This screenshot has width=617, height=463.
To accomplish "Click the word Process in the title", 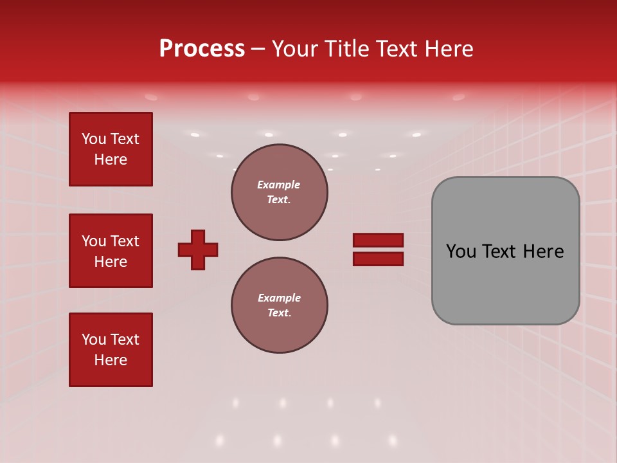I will click(202, 49).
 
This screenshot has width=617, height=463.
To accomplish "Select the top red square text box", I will click(111, 149).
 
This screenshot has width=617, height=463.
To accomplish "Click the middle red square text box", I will click(111, 251).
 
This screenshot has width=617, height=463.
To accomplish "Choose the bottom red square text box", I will click(111, 350).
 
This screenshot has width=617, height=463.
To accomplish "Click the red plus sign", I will click(198, 250).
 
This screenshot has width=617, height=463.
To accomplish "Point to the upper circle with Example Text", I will click(279, 192).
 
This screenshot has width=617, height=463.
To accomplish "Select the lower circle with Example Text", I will click(279, 305).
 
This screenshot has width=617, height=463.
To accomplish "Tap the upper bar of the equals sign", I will click(378, 240).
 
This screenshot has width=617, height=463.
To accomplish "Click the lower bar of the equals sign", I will click(378, 259).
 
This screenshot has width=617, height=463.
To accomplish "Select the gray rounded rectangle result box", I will click(505, 251).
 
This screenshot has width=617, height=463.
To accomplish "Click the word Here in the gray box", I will click(543, 251).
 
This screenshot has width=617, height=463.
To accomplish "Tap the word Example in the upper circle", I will click(279, 185).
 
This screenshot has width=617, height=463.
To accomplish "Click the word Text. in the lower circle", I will click(279, 313).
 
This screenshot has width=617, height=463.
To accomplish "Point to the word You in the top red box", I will click(94, 139).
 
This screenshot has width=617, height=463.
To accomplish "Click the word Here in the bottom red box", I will click(111, 360).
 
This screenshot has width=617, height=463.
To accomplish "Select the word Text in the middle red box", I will click(125, 241).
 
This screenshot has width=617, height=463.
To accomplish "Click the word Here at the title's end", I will click(448, 49).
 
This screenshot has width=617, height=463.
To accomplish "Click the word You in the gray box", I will click(461, 251).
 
